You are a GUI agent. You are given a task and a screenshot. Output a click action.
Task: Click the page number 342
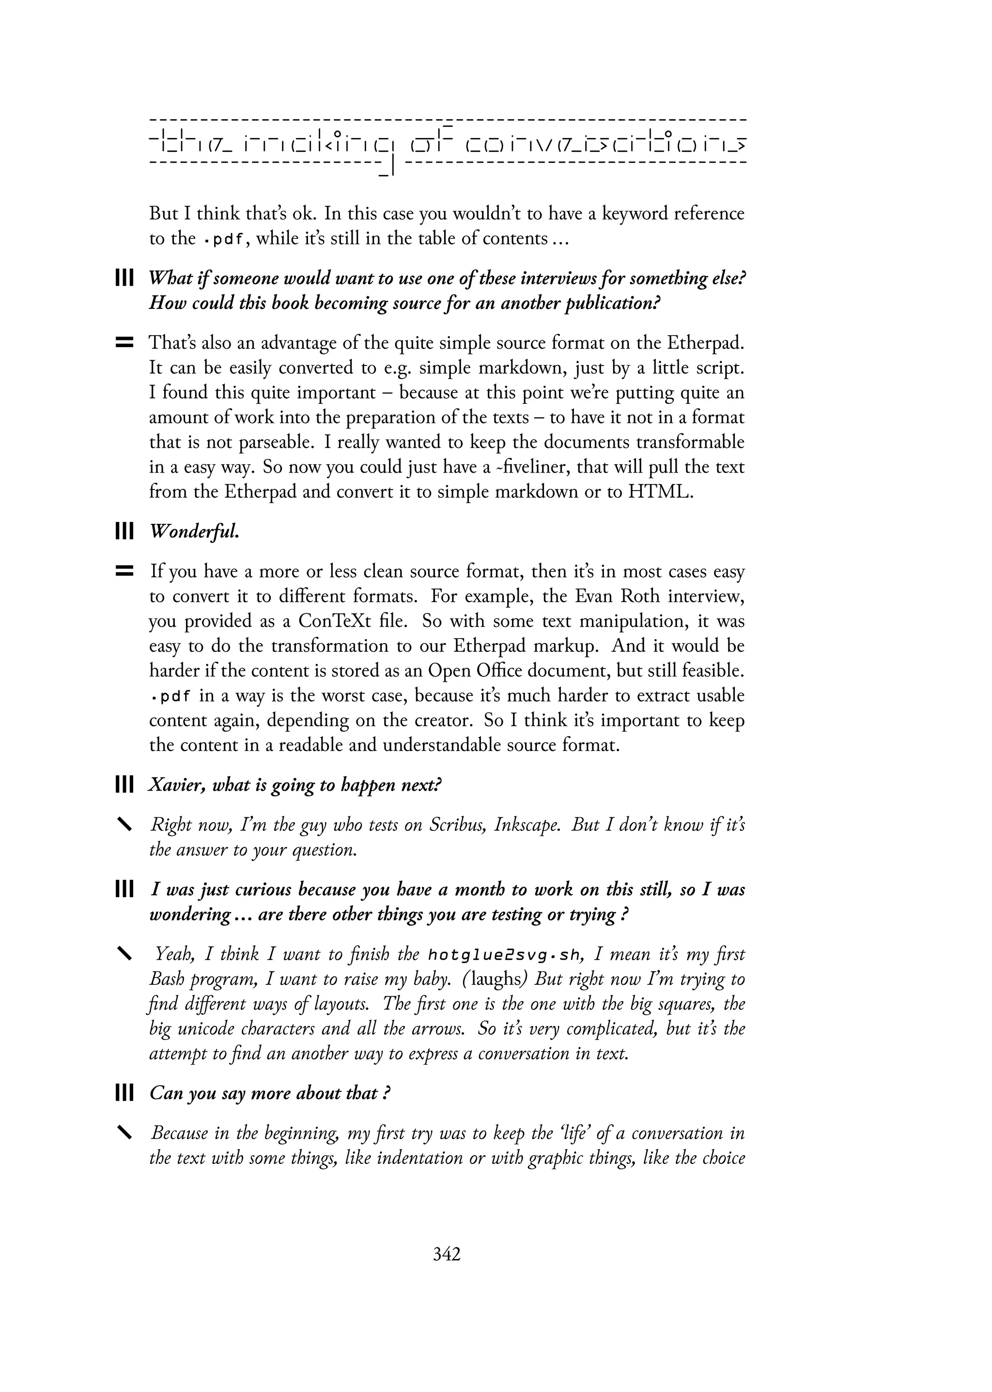[x=447, y=1254]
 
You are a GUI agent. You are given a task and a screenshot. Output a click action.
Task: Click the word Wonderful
[x=194, y=532]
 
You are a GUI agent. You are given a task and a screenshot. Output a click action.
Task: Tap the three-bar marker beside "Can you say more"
[x=124, y=1093]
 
